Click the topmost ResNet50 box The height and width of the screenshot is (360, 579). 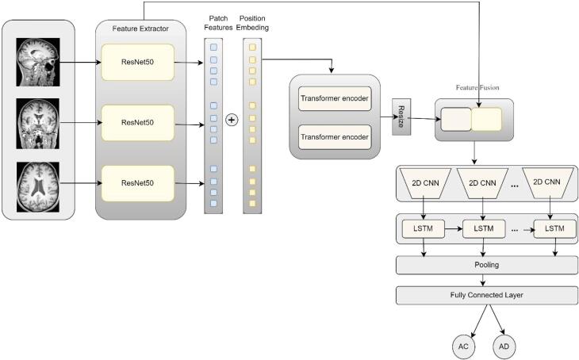click(x=137, y=61)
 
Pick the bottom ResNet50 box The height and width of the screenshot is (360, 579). click(x=137, y=184)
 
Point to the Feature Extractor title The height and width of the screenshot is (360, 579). click(x=140, y=28)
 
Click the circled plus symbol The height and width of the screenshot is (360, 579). click(x=232, y=120)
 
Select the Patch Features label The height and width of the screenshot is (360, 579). click(x=218, y=21)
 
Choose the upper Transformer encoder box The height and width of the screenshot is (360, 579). click(x=334, y=100)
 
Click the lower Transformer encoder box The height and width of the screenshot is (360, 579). click(x=334, y=137)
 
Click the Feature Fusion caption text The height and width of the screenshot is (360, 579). click(x=477, y=86)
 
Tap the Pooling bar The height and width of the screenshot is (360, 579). click(x=487, y=265)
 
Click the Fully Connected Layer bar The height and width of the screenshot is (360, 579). click(x=487, y=295)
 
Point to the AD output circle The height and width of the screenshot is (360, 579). click(x=504, y=347)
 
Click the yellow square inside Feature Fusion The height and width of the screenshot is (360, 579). click(x=486, y=120)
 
